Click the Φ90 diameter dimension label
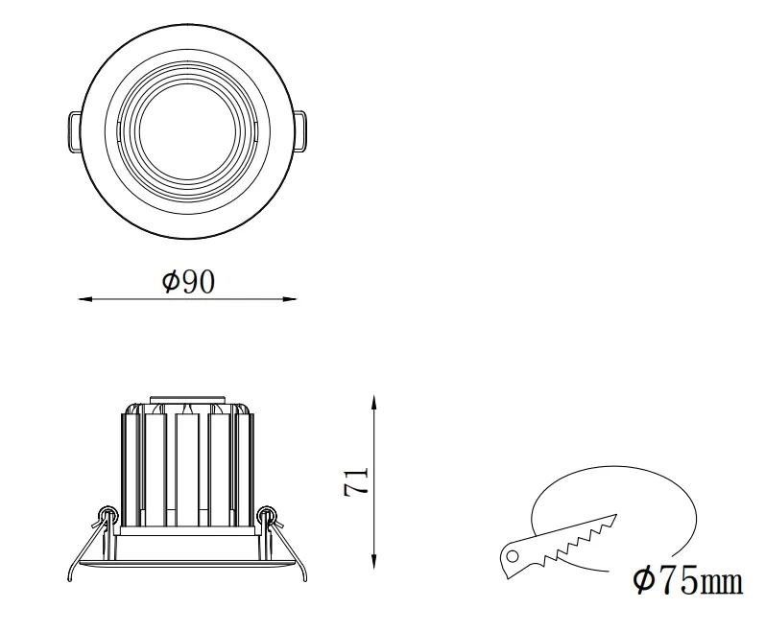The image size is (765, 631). (188, 281)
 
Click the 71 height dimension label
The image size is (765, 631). (356, 481)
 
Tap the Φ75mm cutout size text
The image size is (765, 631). (687, 580)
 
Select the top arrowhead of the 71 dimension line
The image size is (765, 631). (373, 400)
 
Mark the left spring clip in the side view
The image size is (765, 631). (106, 520)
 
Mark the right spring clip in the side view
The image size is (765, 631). (269, 520)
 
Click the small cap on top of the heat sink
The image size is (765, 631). (188, 399)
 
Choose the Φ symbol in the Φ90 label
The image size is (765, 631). (170, 281)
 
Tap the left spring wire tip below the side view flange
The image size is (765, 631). (69, 578)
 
